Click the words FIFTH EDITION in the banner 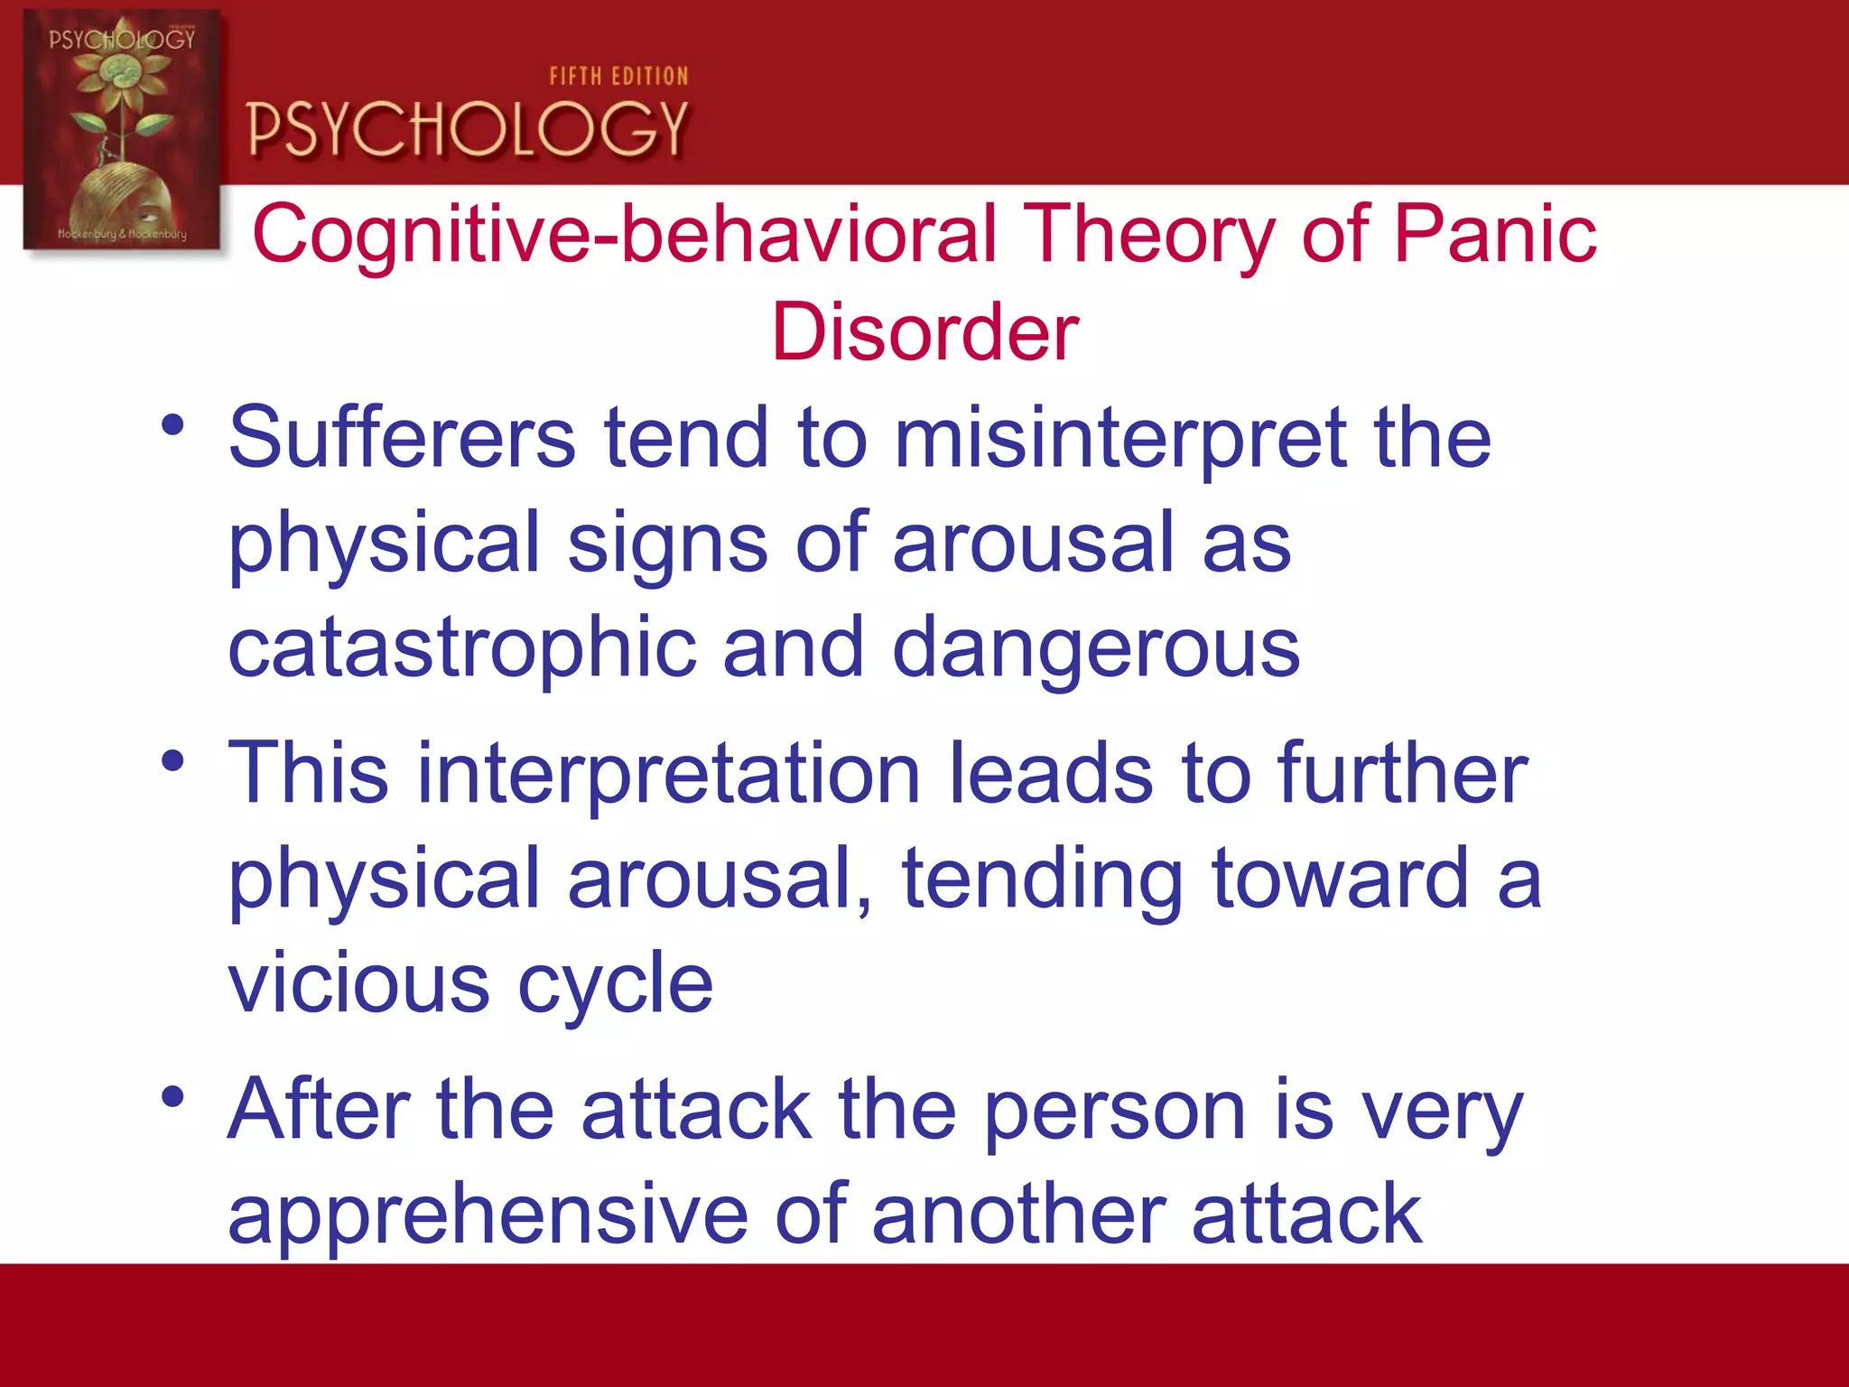[x=618, y=77]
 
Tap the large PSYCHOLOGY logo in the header [x=468, y=129]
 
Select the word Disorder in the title [x=924, y=332]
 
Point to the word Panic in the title [x=1495, y=234]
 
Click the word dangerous [x=1095, y=650]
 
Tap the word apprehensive [x=488, y=1215]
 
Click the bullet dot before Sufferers [x=172, y=424]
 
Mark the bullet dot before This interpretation [x=172, y=761]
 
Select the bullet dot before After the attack [x=172, y=1097]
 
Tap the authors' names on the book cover [x=122, y=234]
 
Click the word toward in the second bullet [x=1340, y=880]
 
